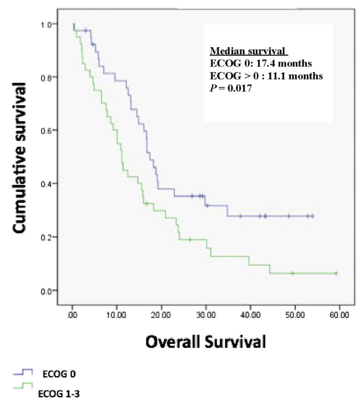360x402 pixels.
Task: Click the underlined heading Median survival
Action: pos(249,52)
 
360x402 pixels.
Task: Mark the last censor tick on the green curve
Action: pos(336,273)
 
